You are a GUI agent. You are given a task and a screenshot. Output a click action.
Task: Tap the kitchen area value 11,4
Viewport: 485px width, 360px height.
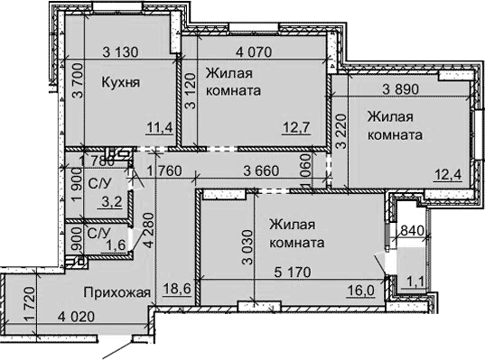point(161,127)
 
